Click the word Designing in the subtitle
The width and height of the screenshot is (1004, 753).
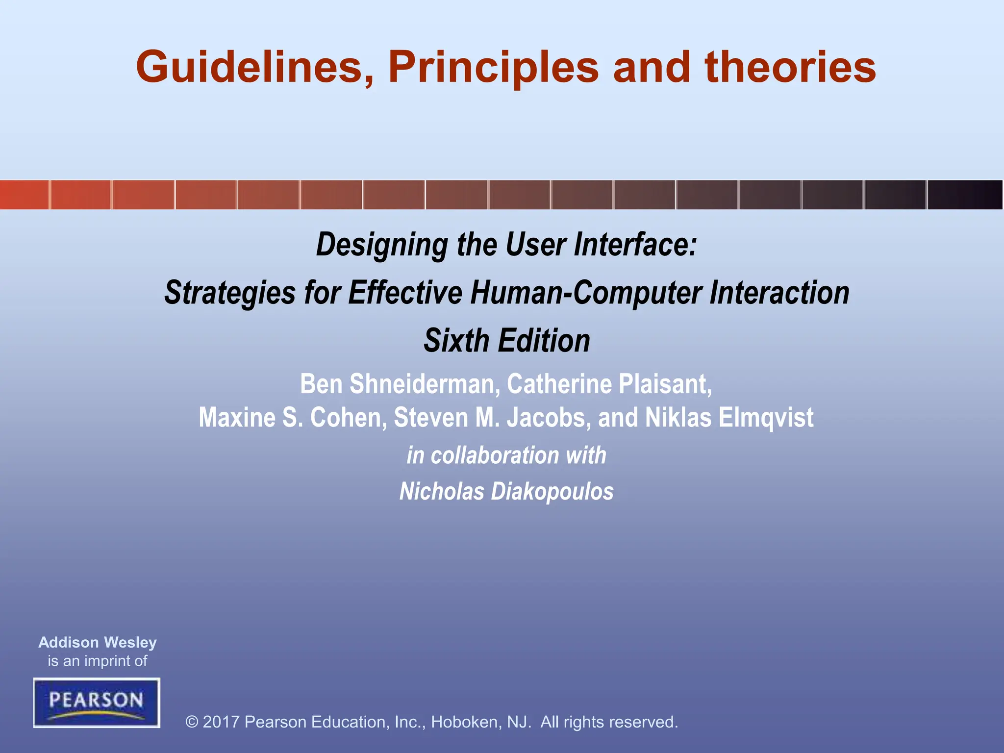coord(382,245)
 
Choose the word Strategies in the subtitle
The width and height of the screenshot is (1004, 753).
coord(229,293)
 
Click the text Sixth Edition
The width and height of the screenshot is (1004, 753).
coord(507,341)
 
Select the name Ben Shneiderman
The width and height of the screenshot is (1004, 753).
coord(399,384)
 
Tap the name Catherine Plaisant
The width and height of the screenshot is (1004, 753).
coord(609,384)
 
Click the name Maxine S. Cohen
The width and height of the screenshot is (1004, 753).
coord(293,418)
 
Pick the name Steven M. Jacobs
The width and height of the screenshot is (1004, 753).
coord(492,418)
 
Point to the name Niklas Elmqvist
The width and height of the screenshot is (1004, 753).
coord(729,418)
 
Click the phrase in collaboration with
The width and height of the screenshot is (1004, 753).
coord(506,455)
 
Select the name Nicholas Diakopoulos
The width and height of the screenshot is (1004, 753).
coord(506,492)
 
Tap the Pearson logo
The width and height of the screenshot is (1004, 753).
coord(97,703)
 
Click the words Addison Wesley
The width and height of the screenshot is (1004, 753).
coord(98,642)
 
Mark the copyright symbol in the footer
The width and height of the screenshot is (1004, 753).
coord(192,722)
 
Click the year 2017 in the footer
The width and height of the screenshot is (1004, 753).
coord(221,722)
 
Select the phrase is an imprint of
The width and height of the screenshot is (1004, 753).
coord(98,661)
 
